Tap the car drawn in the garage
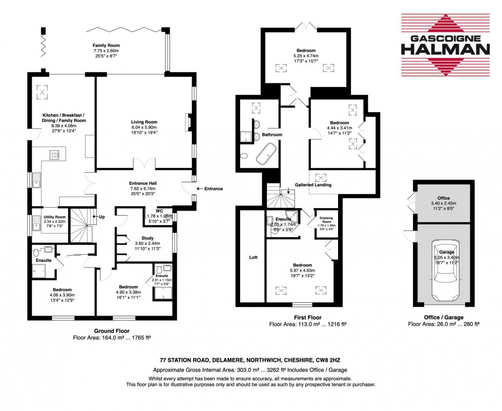pos(444,272)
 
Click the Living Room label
pos(143,122)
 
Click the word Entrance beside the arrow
pos(214,189)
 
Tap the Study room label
pos(133,238)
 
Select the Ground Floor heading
pos(113,331)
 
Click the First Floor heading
pos(307,318)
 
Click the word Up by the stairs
pos(102,217)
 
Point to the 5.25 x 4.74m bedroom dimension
pos(306,56)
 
